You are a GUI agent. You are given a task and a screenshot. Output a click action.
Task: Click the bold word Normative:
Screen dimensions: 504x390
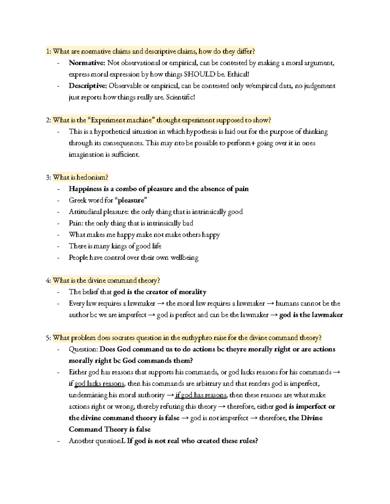click(86, 63)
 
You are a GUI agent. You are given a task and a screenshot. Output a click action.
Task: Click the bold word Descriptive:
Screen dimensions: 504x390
click(87, 86)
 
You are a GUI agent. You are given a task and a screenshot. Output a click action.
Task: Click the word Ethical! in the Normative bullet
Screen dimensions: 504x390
click(238, 74)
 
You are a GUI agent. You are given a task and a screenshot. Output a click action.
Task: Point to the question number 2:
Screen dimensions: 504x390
click(48, 120)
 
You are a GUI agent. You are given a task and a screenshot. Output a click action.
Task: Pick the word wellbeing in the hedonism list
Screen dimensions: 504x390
click(185, 258)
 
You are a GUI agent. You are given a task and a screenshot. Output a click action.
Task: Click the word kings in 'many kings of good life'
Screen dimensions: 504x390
click(119, 246)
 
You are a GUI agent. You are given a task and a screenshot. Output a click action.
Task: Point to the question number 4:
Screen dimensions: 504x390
click(48, 280)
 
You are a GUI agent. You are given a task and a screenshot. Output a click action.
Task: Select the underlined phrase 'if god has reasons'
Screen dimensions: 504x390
click(201, 395)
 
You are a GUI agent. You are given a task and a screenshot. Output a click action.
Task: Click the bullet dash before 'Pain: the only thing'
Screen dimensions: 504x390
click(58, 223)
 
